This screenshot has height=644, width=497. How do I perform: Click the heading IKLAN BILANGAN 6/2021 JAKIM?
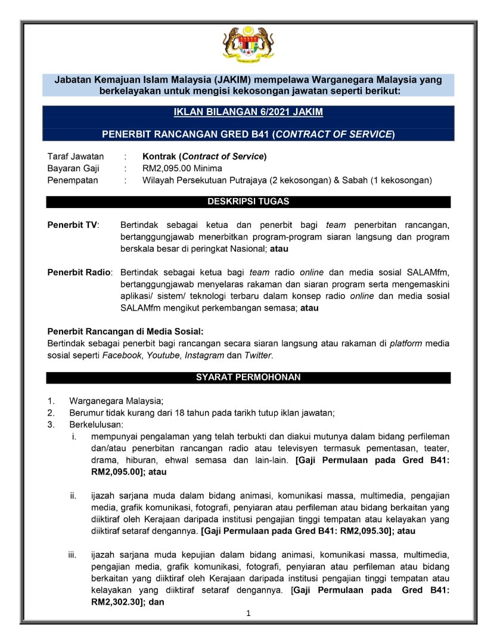[248, 112]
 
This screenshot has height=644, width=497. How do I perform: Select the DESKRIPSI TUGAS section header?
[248, 202]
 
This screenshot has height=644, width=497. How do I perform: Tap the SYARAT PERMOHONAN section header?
[248, 377]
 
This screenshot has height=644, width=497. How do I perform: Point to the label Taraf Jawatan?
[76, 157]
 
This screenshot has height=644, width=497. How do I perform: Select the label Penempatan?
[73, 180]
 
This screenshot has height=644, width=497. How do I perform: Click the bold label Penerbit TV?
[73, 225]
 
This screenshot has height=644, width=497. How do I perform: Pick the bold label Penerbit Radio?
[79, 273]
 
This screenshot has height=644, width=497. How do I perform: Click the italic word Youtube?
[163, 355]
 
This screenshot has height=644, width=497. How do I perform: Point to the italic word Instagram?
[204, 355]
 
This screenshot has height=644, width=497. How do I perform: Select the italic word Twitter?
[258, 355]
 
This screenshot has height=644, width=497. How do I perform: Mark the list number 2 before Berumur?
[51, 413]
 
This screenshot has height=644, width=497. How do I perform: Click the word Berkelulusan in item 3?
[96, 425]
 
